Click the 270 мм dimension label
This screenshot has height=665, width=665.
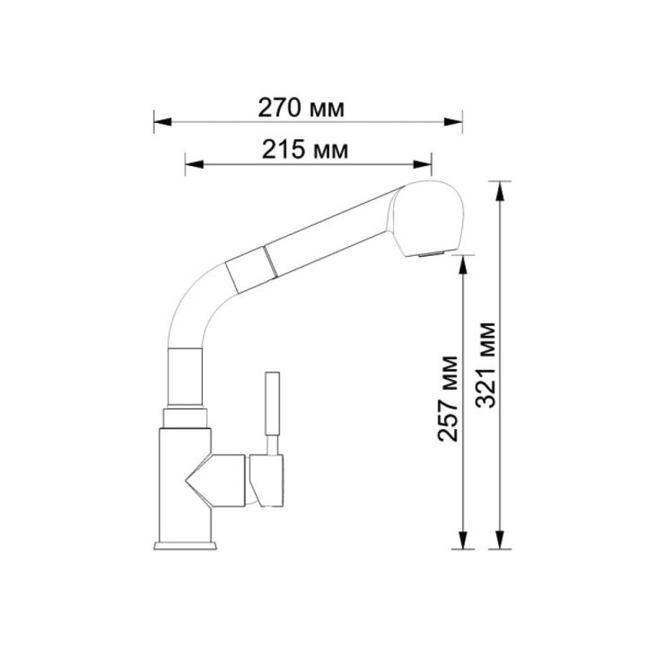(x=301, y=108)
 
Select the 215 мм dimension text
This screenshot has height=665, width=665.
(x=304, y=150)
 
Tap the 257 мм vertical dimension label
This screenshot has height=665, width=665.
(x=447, y=399)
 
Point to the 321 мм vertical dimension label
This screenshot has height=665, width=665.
(x=485, y=365)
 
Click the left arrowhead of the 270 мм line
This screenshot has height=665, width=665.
(x=162, y=122)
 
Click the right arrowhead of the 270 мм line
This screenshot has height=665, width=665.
(x=453, y=122)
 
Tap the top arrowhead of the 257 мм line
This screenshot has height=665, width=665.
(x=463, y=264)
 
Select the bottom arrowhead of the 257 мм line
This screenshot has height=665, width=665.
(x=463, y=540)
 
